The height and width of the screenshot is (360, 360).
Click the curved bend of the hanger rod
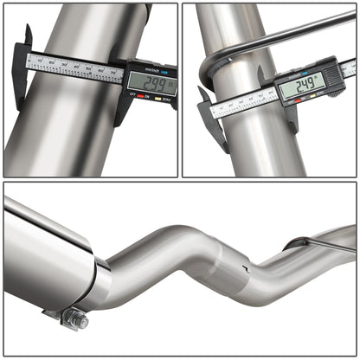(x=207, y=73)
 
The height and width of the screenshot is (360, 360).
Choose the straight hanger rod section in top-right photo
(x=286, y=39)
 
